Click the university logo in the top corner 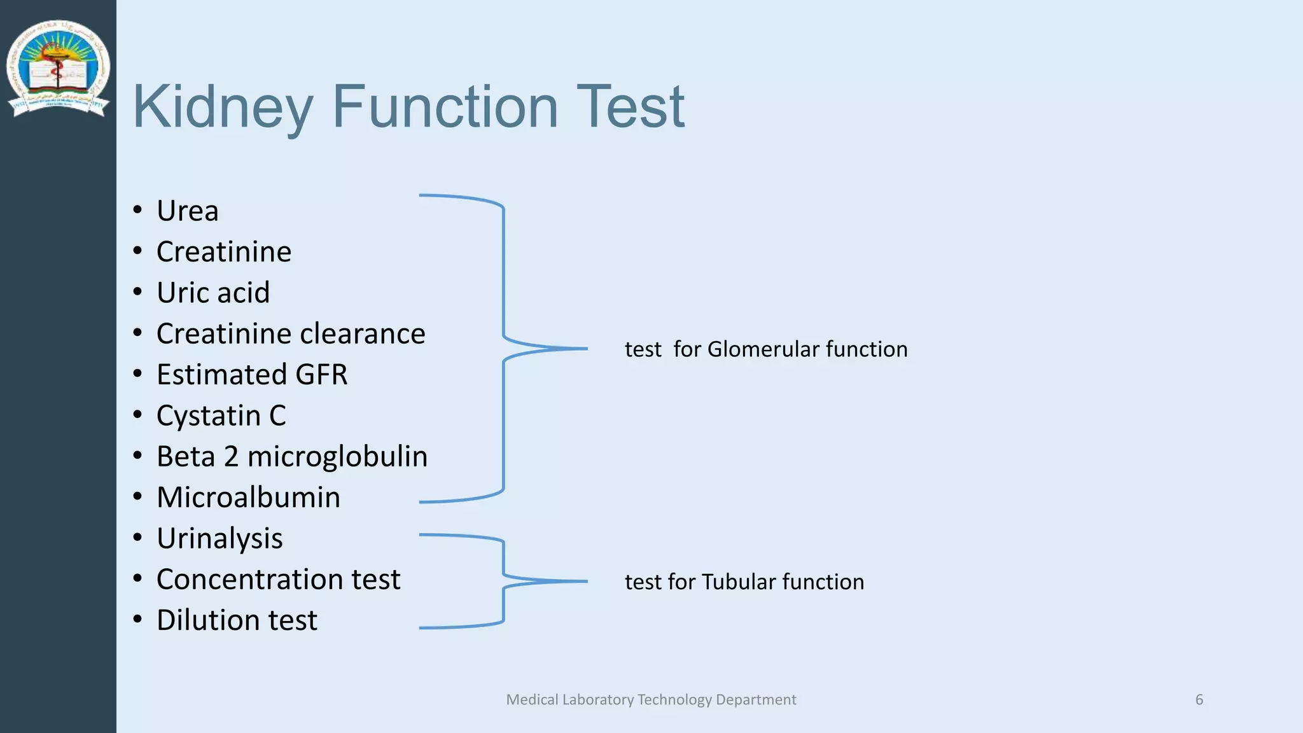pos(58,68)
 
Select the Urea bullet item pos(188,211)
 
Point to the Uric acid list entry pos(213,293)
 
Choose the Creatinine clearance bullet pos(291,334)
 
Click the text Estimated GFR pos(252,375)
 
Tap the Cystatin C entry pos(221,416)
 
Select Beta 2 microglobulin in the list pos(292,457)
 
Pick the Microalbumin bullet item pos(248,498)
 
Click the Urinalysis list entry pos(219,539)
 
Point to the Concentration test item pos(278,580)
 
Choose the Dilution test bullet pos(237,620)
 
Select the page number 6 pos(1199,700)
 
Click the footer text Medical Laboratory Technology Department pos(651,700)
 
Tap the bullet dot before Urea pos(137,210)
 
